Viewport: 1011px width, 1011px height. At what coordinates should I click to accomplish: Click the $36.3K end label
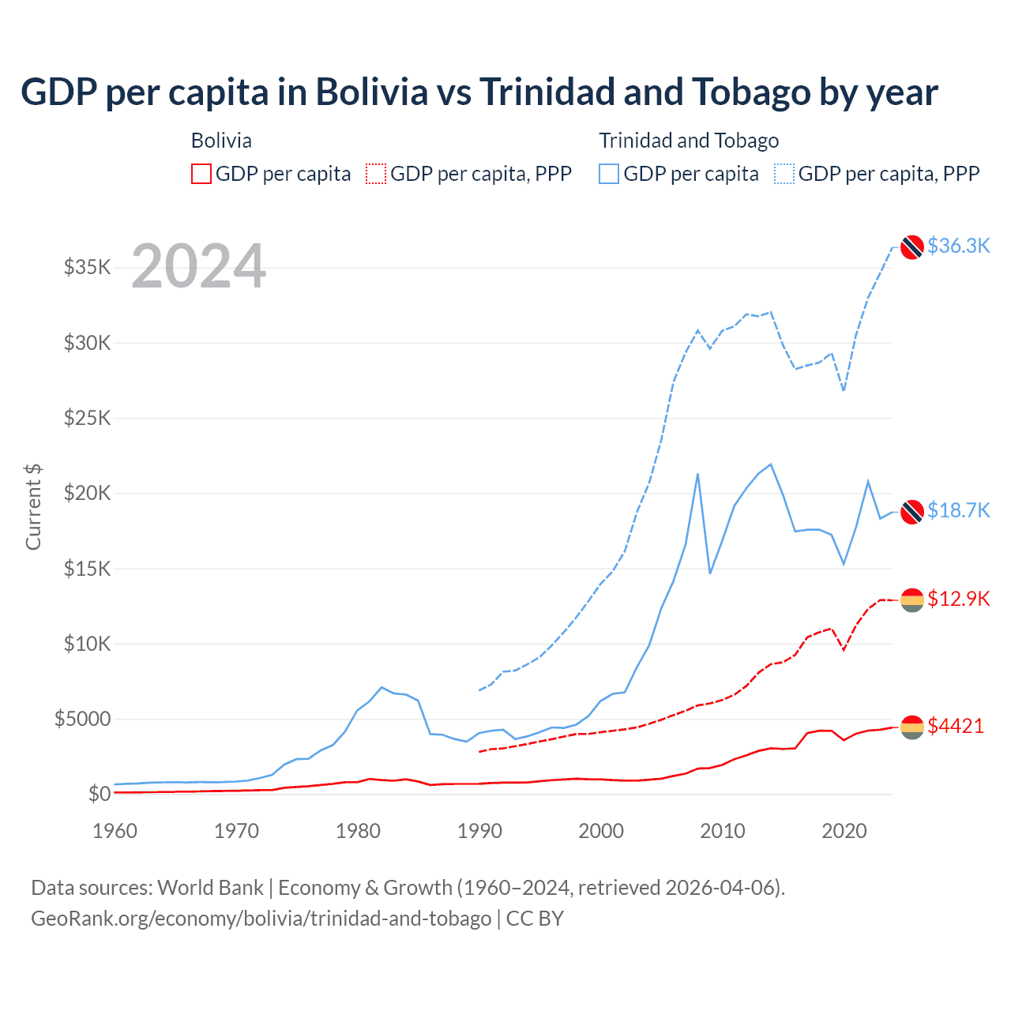(x=958, y=246)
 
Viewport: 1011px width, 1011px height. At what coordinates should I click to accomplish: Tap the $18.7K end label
(x=958, y=510)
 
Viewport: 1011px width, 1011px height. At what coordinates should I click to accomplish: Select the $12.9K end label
(x=958, y=599)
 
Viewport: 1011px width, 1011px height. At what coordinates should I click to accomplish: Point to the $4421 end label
(x=956, y=726)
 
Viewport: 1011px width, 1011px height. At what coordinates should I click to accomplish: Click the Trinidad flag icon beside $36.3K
(x=912, y=246)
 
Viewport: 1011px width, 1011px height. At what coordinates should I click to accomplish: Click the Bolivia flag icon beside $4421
(x=912, y=727)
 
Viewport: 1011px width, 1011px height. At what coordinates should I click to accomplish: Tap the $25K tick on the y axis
(x=88, y=418)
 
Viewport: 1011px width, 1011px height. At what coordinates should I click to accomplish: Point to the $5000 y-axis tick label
(x=83, y=719)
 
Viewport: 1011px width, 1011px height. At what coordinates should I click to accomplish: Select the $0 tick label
(x=99, y=794)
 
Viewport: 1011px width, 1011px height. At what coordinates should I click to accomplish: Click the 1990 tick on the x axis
(x=479, y=831)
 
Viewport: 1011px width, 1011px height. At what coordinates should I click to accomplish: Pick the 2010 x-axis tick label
(x=723, y=831)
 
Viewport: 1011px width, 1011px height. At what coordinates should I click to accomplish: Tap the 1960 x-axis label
(x=115, y=831)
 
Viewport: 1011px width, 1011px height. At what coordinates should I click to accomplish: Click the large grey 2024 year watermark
(x=198, y=266)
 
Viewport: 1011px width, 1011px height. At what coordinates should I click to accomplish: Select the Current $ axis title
(x=33, y=507)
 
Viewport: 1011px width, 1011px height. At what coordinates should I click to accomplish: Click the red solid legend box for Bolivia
(x=201, y=174)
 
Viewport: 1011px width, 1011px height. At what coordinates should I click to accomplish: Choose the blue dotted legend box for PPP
(x=784, y=174)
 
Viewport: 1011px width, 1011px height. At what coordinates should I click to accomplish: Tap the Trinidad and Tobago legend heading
(x=689, y=141)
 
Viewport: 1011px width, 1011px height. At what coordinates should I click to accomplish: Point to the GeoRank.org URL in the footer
(x=261, y=919)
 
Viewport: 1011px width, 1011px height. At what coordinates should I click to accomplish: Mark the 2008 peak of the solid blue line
(x=697, y=474)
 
